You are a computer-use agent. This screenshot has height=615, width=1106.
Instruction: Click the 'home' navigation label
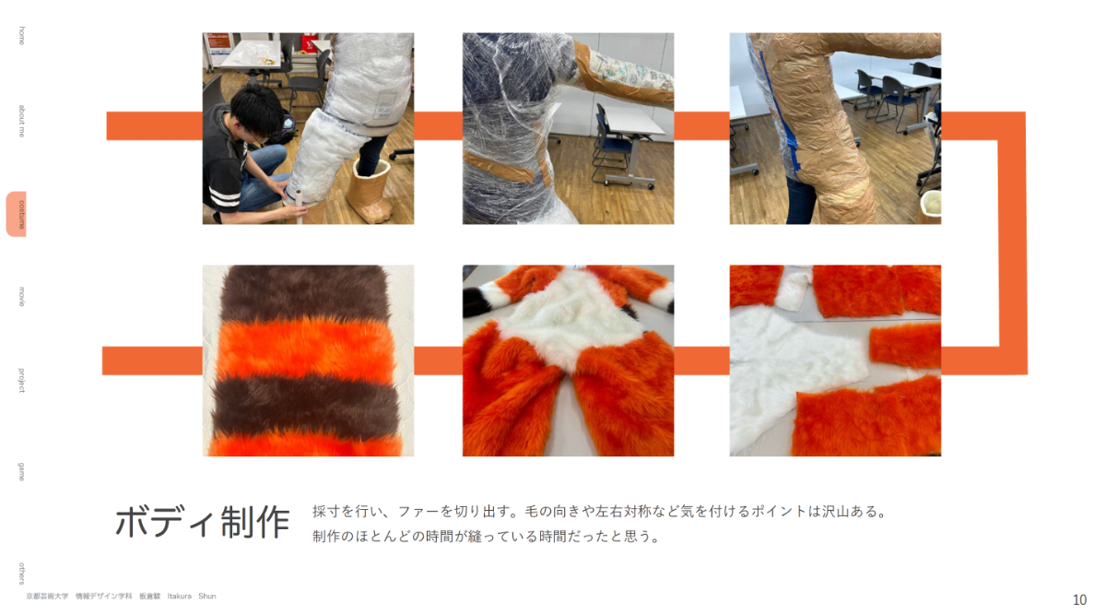(x=21, y=36)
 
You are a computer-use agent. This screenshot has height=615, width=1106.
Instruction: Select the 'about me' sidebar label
(x=21, y=121)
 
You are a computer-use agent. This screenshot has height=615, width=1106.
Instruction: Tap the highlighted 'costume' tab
(x=17, y=214)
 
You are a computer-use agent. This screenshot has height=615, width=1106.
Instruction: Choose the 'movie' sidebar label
(x=21, y=296)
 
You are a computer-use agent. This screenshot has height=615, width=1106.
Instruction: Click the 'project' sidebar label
(x=21, y=381)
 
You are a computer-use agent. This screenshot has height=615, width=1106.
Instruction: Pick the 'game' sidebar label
(x=21, y=472)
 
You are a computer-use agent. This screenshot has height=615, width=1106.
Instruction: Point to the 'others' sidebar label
(x=21, y=573)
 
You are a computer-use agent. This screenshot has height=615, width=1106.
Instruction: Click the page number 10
(x=1079, y=599)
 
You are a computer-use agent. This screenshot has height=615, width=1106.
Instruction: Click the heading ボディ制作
(x=203, y=522)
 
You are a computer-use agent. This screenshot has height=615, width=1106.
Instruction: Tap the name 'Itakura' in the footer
(x=179, y=597)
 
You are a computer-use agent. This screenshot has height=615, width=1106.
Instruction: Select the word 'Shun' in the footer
(x=207, y=597)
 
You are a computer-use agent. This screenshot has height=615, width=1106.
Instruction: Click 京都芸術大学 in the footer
(x=47, y=597)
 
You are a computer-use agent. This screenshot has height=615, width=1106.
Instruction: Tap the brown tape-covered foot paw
(x=370, y=191)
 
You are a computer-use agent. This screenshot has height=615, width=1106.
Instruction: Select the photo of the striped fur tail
(x=308, y=361)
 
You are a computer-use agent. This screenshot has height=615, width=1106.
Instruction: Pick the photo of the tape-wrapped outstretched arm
(x=569, y=128)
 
